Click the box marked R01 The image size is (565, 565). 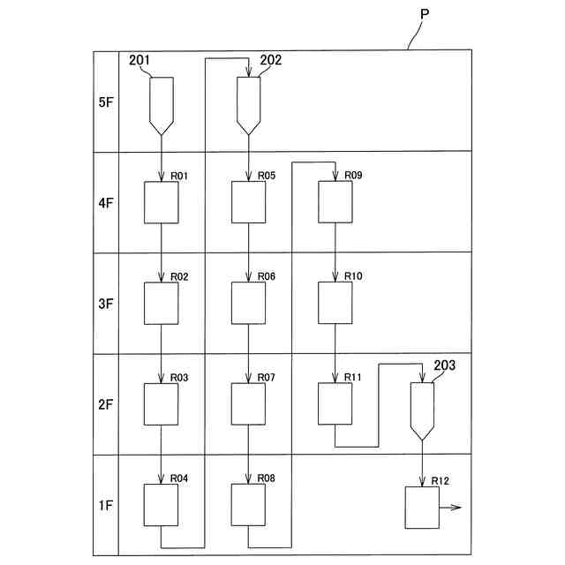161,202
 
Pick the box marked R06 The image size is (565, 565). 248,303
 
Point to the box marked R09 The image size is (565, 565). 335,202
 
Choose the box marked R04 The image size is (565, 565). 161,505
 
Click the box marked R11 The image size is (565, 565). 335,403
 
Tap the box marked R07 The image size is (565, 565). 248,403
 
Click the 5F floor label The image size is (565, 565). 106,102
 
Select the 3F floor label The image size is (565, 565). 106,304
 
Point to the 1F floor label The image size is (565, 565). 106,506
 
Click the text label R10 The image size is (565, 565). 353,276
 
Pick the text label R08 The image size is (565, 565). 267,478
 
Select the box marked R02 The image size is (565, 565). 161,303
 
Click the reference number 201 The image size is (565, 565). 139,60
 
